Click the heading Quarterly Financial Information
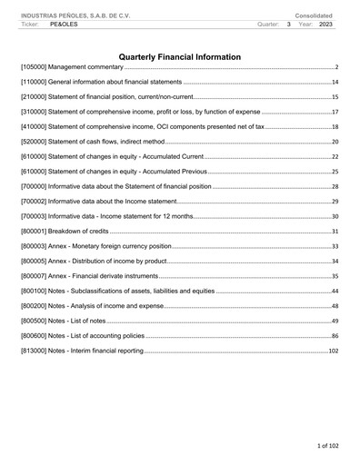click(x=180, y=57)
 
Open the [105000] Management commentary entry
click(x=73, y=68)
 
